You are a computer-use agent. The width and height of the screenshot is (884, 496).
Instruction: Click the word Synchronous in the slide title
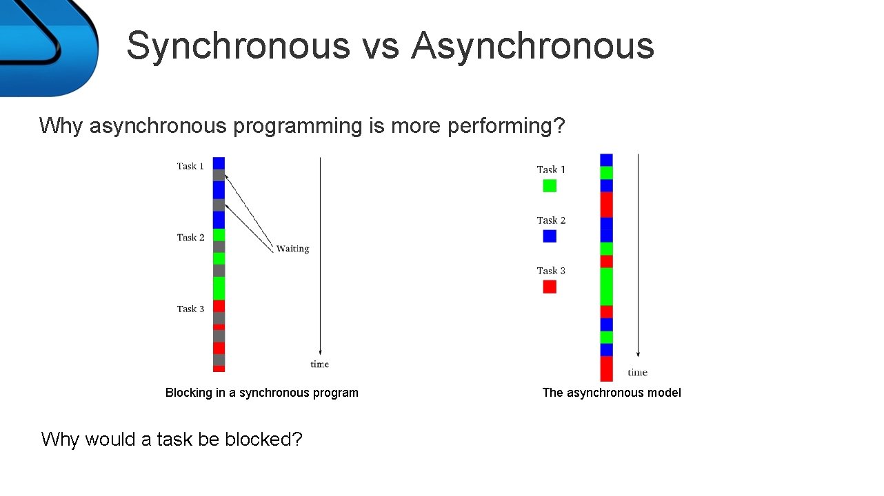pyautogui.click(x=239, y=46)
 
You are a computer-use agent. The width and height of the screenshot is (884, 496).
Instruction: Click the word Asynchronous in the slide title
pyautogui.click(x=532, y=46)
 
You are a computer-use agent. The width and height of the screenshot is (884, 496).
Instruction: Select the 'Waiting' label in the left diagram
pyautogui.click(x=292, y=249)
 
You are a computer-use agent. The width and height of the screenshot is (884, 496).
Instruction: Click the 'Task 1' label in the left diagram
pyautogui.click(x=190, y=166)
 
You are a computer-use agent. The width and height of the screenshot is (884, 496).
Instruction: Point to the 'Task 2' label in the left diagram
pyautogui.click(x=190, y=238)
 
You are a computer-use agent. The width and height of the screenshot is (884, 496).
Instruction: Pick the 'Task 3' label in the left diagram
pyautogui.click(x=190, y=309)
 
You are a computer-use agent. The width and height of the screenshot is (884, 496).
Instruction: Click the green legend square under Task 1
pyautogui.click(x=550, y=185)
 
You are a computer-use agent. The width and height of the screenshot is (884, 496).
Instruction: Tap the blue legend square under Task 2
pyautogui.click(x=550, y=236)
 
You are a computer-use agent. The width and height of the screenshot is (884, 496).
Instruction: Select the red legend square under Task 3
pyautogui.click(x=550, y=287)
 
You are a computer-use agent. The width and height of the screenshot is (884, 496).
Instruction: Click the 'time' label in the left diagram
pyautogui.click(x=319, y=364)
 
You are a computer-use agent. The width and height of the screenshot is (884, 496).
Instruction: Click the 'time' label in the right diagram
pyautogui.click(x=637, y=373)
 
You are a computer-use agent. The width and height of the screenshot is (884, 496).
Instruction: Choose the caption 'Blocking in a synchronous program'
pyautogui.click(x=262, y=393)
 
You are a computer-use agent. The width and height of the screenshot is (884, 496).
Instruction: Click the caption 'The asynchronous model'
pyautogui.click(x=612, y=393)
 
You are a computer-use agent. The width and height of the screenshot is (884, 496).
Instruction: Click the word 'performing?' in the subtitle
pyautogui.click(x=506, y=126)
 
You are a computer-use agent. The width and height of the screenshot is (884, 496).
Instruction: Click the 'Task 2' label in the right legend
pyautogui.click(x=551, y=220)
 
